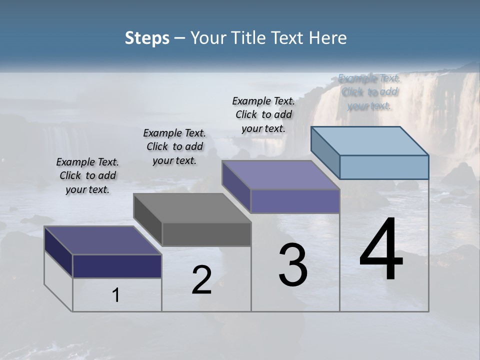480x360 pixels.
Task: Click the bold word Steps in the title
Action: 147,38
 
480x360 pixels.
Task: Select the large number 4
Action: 381,250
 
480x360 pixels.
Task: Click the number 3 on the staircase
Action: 293,265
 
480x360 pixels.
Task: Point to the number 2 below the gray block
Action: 201,280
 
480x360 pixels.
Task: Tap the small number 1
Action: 116,295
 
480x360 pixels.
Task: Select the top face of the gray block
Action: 192,208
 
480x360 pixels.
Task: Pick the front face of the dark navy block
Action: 117,266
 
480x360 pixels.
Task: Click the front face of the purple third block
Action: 295,201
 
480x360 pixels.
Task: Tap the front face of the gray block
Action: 206,234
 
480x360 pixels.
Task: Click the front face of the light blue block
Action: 384,167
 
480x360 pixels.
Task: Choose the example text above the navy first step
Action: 87,175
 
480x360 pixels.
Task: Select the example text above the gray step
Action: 174,146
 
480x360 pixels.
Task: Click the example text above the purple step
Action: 263,114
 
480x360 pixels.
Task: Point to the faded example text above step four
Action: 369,92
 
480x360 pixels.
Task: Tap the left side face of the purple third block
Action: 236,186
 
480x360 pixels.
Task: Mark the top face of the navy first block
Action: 103,240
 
